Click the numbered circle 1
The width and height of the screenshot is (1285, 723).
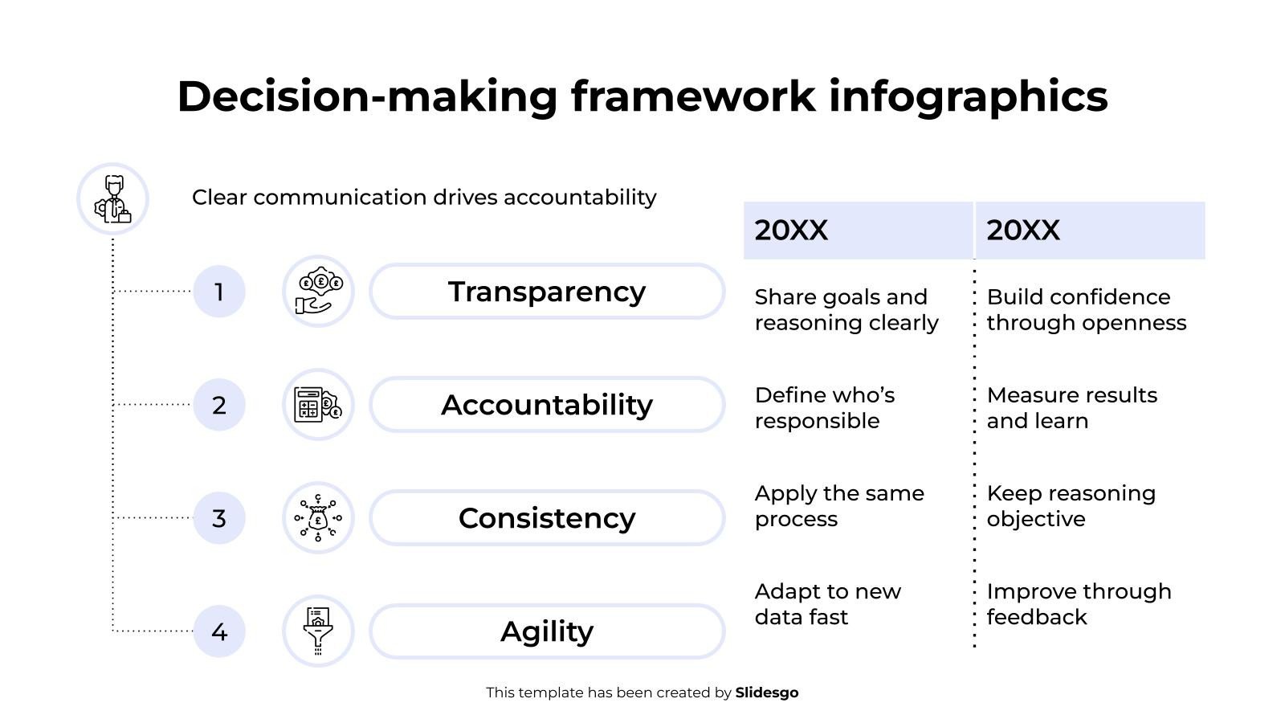click(219, 292)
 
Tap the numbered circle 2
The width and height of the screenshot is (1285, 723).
click(219, 405)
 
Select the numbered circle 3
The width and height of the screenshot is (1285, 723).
click(219, 517)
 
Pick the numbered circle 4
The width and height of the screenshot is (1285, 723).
click(219, 631)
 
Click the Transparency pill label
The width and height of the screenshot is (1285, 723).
click(547, 292)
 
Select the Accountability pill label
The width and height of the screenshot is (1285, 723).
click(547, 405)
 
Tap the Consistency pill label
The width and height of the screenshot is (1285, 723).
click(547, 517)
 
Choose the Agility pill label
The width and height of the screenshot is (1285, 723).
click(547, 631)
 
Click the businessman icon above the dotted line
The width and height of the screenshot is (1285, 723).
click(113, 199)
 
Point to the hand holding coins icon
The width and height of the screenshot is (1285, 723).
click(318, 291)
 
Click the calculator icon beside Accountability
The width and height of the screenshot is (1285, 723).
click(318, 405)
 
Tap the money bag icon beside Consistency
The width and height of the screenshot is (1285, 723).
click(318, 517)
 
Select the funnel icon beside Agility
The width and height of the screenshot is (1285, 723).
click(318, 631)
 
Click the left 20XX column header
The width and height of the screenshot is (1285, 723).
click(859, 230)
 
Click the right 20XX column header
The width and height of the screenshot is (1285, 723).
click(1090, 230)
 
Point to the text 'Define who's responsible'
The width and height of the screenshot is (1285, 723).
click(825, 408)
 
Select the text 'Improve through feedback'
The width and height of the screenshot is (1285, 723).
click(1079, 604)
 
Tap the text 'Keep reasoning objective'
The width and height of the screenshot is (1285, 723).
click(1071, 506)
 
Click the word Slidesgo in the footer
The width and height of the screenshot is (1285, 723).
click(767, 692)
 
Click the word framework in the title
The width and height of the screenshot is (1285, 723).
click(693, 96)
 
